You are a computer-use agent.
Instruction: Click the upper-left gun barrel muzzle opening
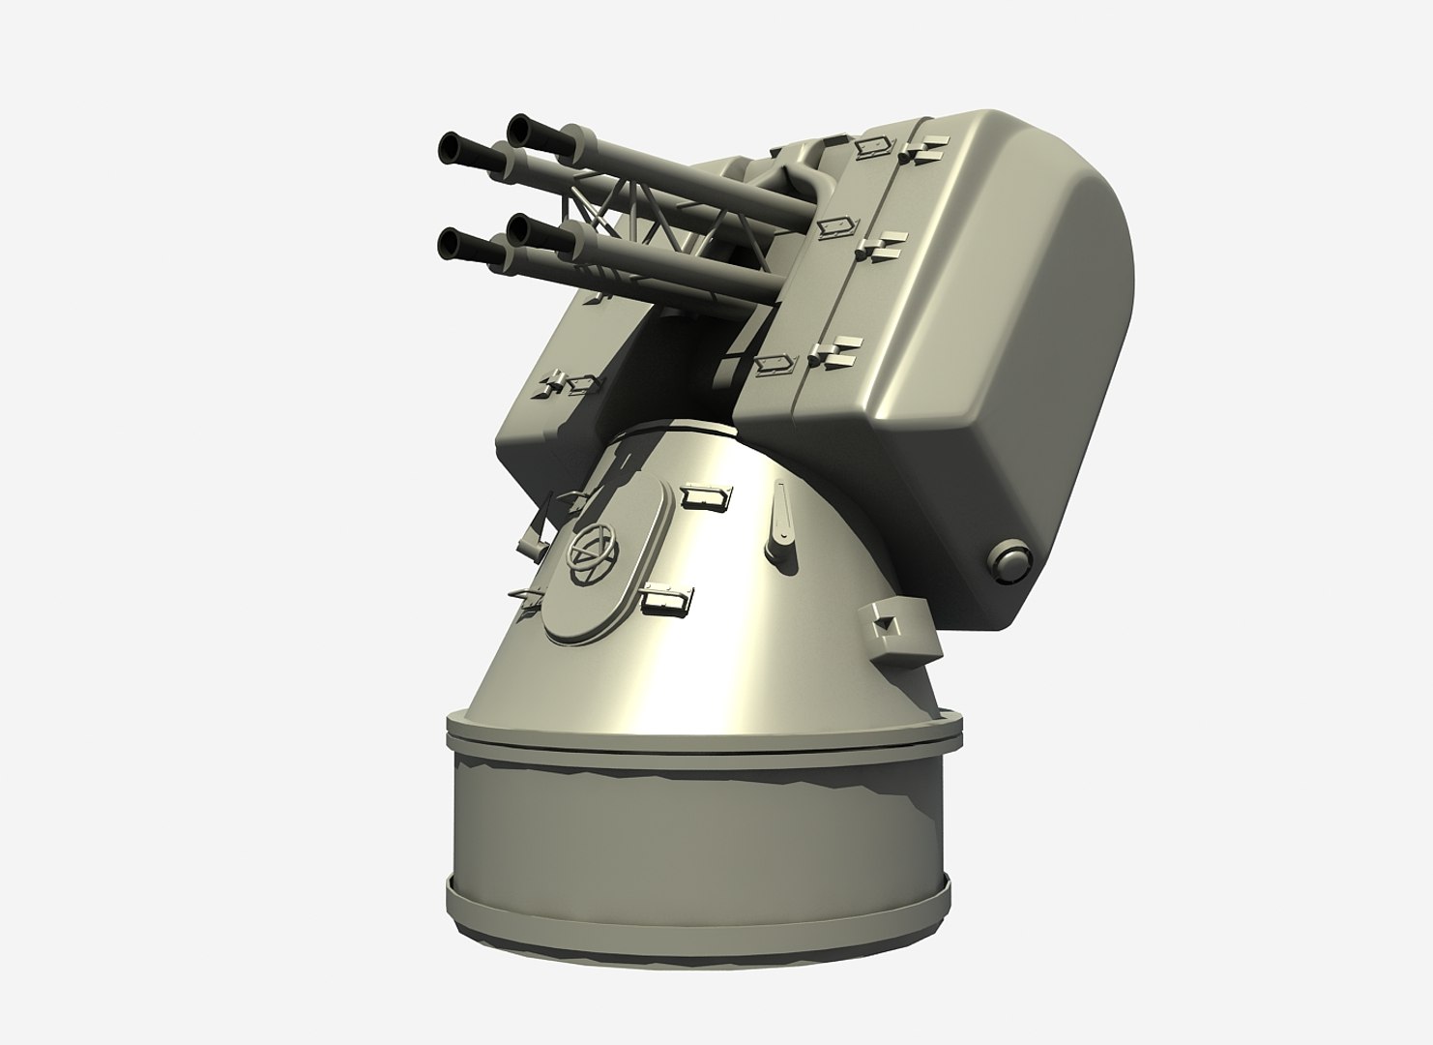click(x=452, y=147)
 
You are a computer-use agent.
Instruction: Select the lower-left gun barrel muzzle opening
click(x=452, y=242)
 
